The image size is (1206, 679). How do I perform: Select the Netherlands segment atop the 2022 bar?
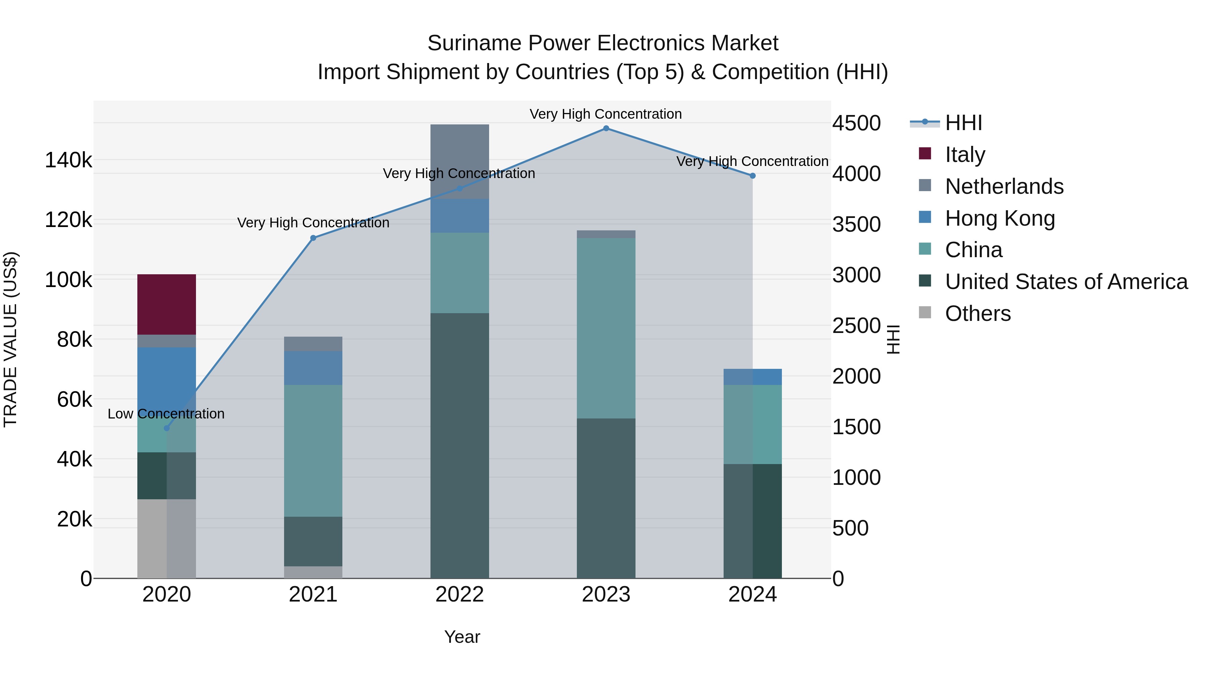pos(459,161)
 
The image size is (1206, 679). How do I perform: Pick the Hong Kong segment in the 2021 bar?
pos(313,368)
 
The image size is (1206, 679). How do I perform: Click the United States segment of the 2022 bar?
pos(459,445)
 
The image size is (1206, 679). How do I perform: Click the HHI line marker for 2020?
pos(167,428)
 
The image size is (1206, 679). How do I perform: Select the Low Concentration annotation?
pos(166,414)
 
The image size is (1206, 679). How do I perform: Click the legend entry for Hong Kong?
pos(1000,218)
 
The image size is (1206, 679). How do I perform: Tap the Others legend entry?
pos(978,314)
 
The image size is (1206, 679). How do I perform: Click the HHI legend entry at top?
pos(963,123)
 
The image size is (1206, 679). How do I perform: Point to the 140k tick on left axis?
pos(68,160)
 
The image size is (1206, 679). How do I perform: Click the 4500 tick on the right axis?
pos(856,123)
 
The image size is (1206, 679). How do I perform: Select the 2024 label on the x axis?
pos(752,595)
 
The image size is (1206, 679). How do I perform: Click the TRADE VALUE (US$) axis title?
pos(10,339)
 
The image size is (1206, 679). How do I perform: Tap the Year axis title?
pos(462,637)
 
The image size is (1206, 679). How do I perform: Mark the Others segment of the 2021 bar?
pos(313,572)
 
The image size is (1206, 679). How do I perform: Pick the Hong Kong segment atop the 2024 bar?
pos(752,377)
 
